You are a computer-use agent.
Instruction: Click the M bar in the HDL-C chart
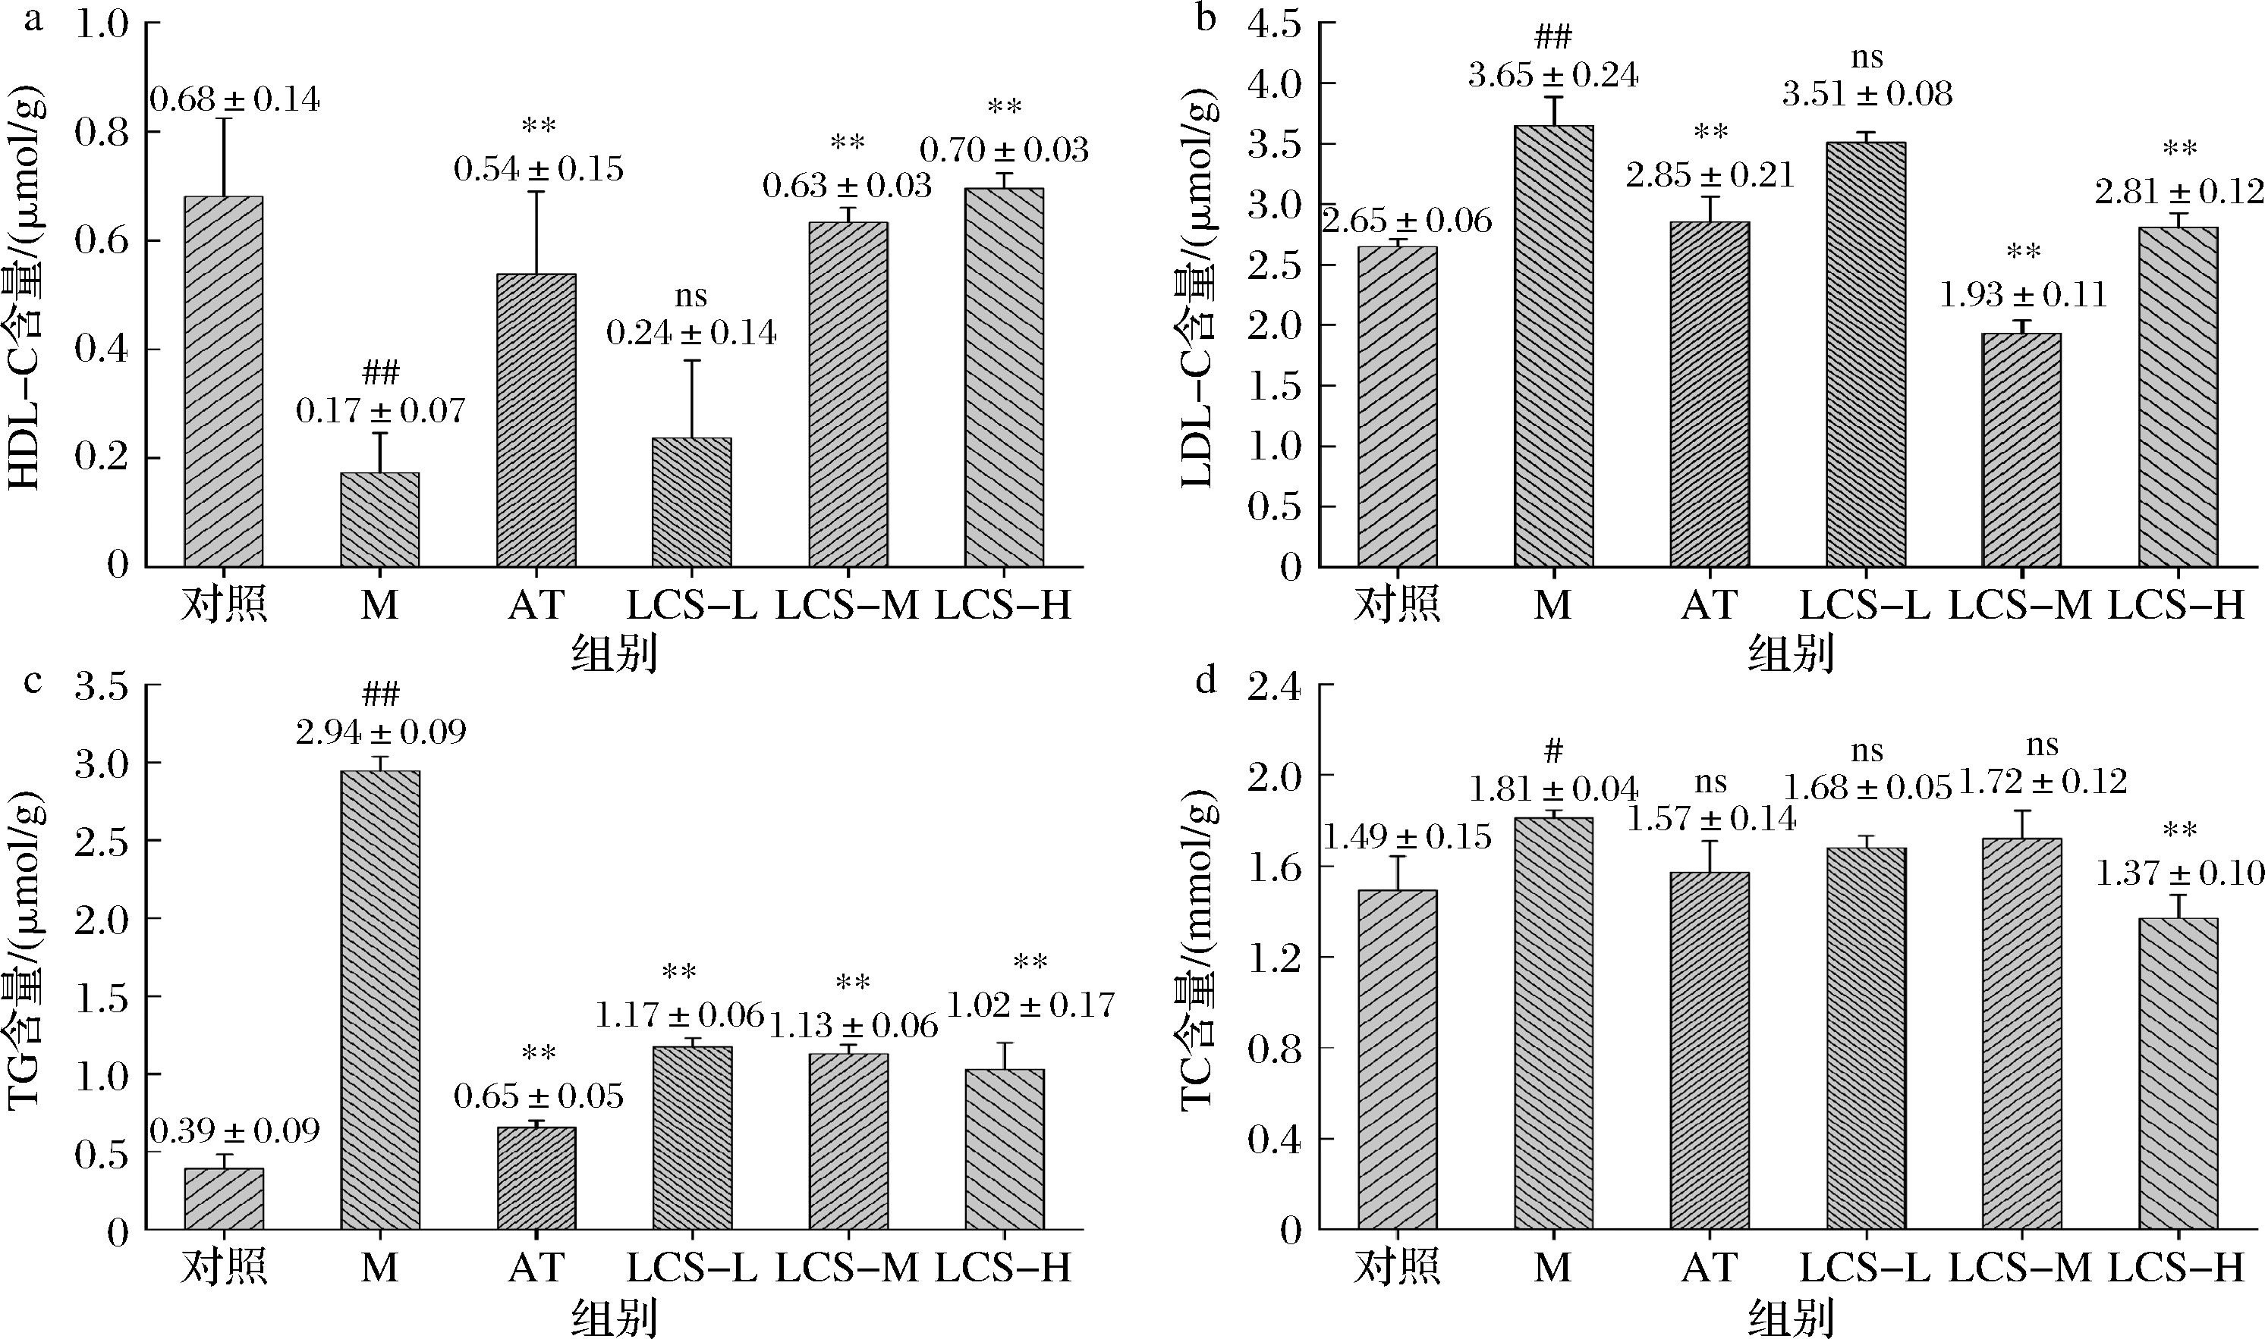(379, 519)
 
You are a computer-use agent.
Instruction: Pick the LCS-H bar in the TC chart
(2178, 1074)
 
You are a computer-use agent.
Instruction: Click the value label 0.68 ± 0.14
(234, 100)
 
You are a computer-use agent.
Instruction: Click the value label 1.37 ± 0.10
(2179, 873)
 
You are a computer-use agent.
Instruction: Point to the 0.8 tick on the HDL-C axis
(104, 133)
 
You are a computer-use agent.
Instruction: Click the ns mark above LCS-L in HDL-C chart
(691, 296)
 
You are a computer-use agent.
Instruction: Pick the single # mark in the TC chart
(1552, 751)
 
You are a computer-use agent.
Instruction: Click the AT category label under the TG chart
(536, 1268)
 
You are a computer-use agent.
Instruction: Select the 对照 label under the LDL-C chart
(1395, 604)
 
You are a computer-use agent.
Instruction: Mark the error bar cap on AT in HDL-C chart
(536, 192)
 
